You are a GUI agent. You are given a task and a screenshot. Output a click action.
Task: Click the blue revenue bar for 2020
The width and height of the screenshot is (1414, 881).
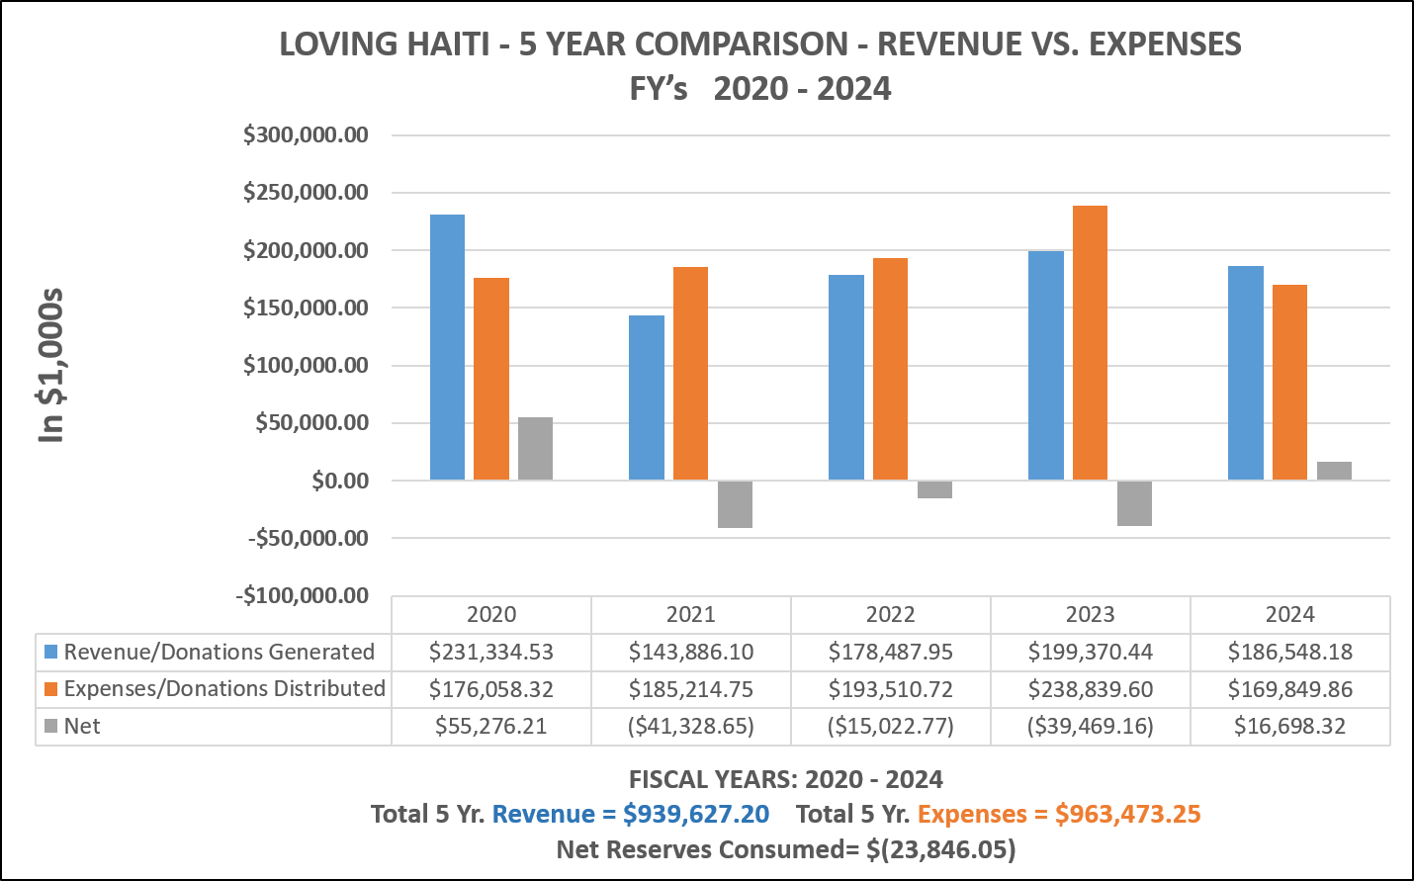(x=447, y=347)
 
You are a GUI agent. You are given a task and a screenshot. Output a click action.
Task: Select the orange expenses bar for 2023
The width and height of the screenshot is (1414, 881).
(x=1090, y=343)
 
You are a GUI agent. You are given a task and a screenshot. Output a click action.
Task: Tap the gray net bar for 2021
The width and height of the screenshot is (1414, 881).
(x=735, y=504)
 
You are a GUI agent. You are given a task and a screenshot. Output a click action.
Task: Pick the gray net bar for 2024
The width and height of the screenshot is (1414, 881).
(x=1334, y=471)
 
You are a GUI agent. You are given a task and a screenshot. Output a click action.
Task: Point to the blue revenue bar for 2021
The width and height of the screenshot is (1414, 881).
(x=647, y=397)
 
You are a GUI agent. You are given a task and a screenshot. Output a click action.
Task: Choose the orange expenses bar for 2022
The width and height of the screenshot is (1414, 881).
(x=890, y=369)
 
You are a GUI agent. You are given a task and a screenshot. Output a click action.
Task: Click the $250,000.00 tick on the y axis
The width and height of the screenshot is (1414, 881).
(x=306, y=193)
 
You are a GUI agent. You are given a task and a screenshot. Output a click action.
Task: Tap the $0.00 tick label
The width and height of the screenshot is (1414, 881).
(x=339, y=481)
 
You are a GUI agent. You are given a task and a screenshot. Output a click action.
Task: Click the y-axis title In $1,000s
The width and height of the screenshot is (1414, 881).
(x=50, y=366)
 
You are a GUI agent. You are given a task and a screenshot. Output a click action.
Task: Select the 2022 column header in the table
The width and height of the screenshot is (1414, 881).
(x=890, y=615)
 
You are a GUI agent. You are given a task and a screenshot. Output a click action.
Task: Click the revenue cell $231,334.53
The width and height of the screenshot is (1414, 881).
(x=491, y=652)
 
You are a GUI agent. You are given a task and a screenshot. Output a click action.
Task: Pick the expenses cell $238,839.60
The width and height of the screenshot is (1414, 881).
(x=1091, y=689)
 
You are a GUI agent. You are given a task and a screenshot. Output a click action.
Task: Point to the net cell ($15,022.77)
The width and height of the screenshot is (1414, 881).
(x=890, y=727)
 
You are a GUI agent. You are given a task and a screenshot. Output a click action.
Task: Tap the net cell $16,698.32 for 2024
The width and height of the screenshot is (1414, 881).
(x=1289, y=727)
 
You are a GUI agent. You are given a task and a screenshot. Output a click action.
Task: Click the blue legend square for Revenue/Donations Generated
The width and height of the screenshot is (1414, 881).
(x=51, y=652)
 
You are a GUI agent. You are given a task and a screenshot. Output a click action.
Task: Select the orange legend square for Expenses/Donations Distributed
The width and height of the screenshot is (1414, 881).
(x=51, y=689)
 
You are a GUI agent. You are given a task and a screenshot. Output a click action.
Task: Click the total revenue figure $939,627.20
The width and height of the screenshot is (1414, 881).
(x=696, y=814)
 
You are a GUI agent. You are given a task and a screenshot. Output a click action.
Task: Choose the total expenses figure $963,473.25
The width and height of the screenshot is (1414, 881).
(x=1127, y=814)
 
